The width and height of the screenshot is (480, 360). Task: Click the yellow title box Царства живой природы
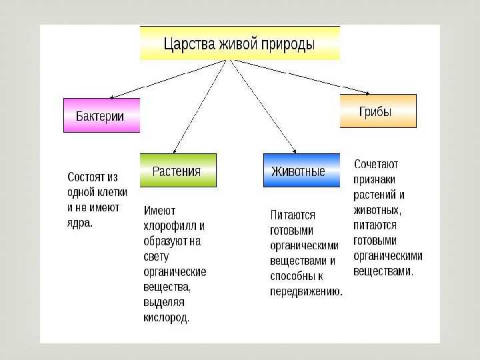pyautogui.click(x=240, y=43)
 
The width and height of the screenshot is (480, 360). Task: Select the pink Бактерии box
pyautogui.click(x=101, y=115)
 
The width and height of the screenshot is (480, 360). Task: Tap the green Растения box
pyautogui.click(x=178, y=170)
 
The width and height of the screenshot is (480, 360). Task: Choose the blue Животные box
pyautogui.click(x=301, y=170)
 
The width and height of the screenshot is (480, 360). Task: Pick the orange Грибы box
pyautogui.click(x=378, y=111)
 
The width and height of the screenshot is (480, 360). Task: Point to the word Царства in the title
pyautogui.click(x=189, y=43)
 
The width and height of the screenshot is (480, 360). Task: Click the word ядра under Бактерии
pyautogui.click(x=79, y=223)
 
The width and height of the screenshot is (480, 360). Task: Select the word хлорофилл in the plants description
pyautogui.click(x=171, y=226)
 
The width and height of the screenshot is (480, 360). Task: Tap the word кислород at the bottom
pyautogui.click(x=166, y=318)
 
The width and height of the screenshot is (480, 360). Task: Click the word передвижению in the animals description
pyautogui.click(x=306, y=291)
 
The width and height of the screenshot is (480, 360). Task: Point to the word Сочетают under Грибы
pyautogui.click(x=376, y=164)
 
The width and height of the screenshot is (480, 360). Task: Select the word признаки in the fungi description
pyautogui.click(x=374, y=180)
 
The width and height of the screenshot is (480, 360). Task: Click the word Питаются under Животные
pyautogui.click(x=293, y=215)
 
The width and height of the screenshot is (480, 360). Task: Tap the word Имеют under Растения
pyautogui.click(x=159, y=211)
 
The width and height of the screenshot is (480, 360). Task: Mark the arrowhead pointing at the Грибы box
pyautogui.click(x=367, y=93)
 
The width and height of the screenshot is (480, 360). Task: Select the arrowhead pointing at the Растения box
pyautogui.click(x=175, y=151)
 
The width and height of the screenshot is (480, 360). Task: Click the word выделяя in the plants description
pyautogui.click(x=164, y=303)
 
